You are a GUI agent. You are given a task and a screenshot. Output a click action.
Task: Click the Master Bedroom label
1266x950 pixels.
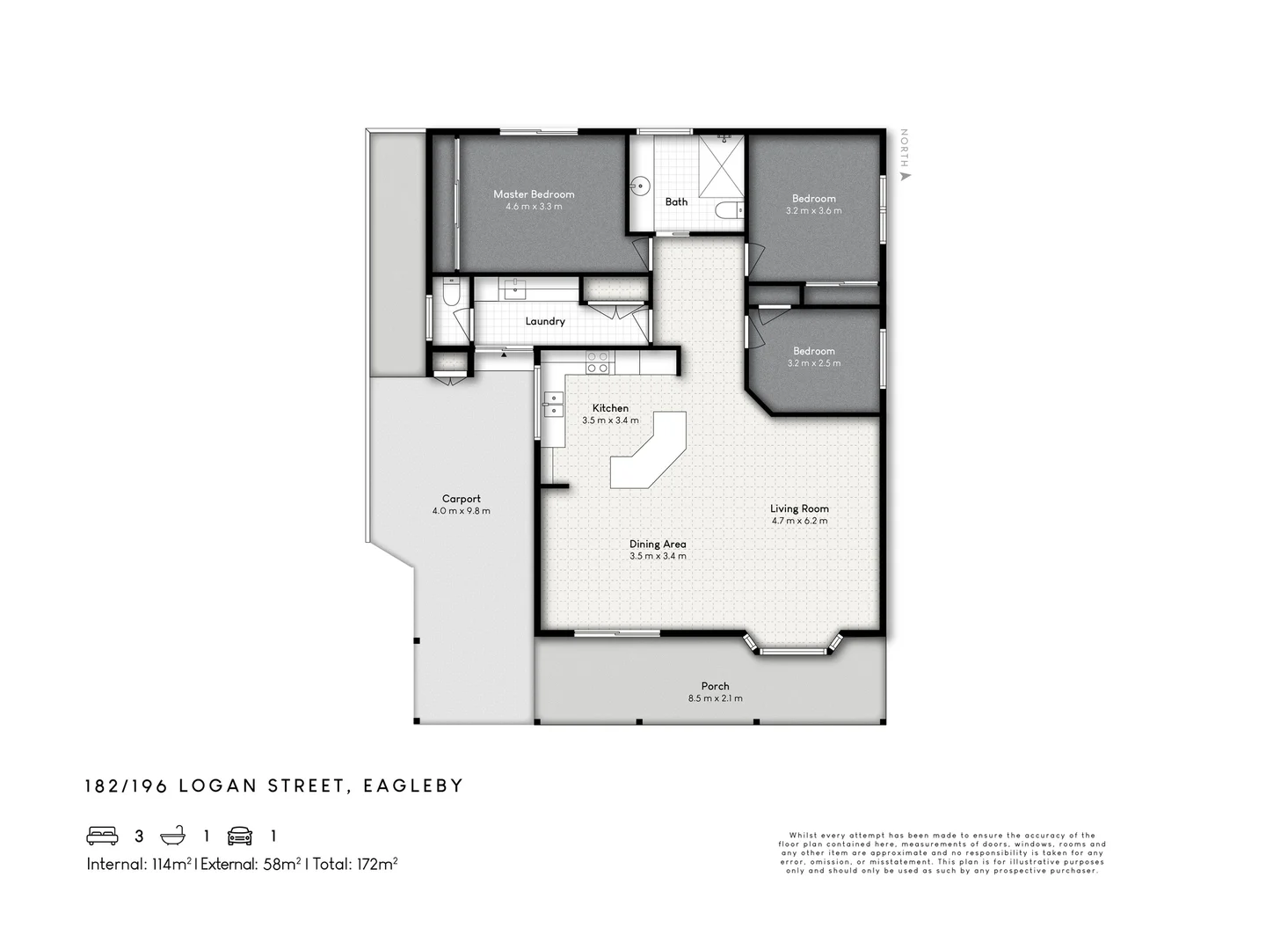point(534,194)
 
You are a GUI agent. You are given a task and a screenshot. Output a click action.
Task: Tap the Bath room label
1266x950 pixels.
point(676,201)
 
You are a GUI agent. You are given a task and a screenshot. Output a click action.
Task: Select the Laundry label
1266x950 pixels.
point(545,321)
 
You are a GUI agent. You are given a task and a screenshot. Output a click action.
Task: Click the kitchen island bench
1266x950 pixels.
point(650,451)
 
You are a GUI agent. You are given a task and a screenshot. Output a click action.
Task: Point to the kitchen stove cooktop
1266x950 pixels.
point(598,362)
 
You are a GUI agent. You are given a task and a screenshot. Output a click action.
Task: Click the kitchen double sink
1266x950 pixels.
point(553,404)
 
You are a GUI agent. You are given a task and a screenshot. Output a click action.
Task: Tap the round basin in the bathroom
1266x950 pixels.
point(641,186)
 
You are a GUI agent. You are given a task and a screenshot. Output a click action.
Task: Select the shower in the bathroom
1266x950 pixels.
point(722,166)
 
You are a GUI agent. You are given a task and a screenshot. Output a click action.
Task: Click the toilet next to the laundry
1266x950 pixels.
point(450,294)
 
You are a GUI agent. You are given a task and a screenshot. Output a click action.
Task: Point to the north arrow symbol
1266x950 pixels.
point(905,175)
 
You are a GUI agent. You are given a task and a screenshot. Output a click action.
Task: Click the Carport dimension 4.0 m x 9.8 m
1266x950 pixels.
point(461,511)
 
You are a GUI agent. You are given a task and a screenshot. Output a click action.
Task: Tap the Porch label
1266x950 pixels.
point(715,686)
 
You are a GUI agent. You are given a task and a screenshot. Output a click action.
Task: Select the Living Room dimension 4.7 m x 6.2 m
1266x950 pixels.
point(799,521)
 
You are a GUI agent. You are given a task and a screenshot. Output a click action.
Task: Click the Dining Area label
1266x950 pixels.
point(658,544)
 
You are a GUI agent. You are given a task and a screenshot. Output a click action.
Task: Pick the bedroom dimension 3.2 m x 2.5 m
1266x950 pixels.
point(813,363)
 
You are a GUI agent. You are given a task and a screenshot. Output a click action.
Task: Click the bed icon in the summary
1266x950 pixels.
point(102,836)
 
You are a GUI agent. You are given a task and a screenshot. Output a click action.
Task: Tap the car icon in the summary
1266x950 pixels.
point(240,836)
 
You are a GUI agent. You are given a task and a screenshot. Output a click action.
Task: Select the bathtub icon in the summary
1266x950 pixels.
point(172,836)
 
